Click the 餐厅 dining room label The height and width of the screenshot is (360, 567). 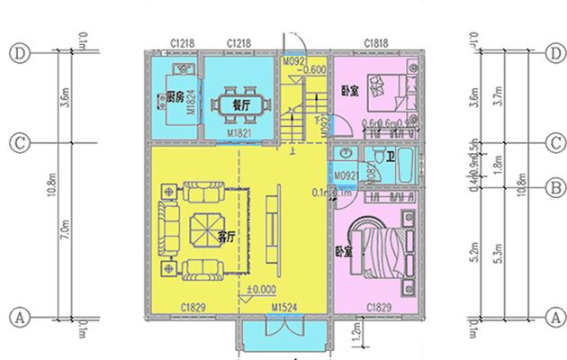point(241,103)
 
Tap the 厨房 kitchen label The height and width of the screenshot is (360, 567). point(175,96)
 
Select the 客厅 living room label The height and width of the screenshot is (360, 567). point(227,237)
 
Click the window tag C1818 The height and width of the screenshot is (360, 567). point(376,43)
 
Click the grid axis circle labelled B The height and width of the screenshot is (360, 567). point(556,188)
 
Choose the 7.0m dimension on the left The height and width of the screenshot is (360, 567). point(49,229)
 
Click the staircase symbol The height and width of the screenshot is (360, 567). point(302,117)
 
